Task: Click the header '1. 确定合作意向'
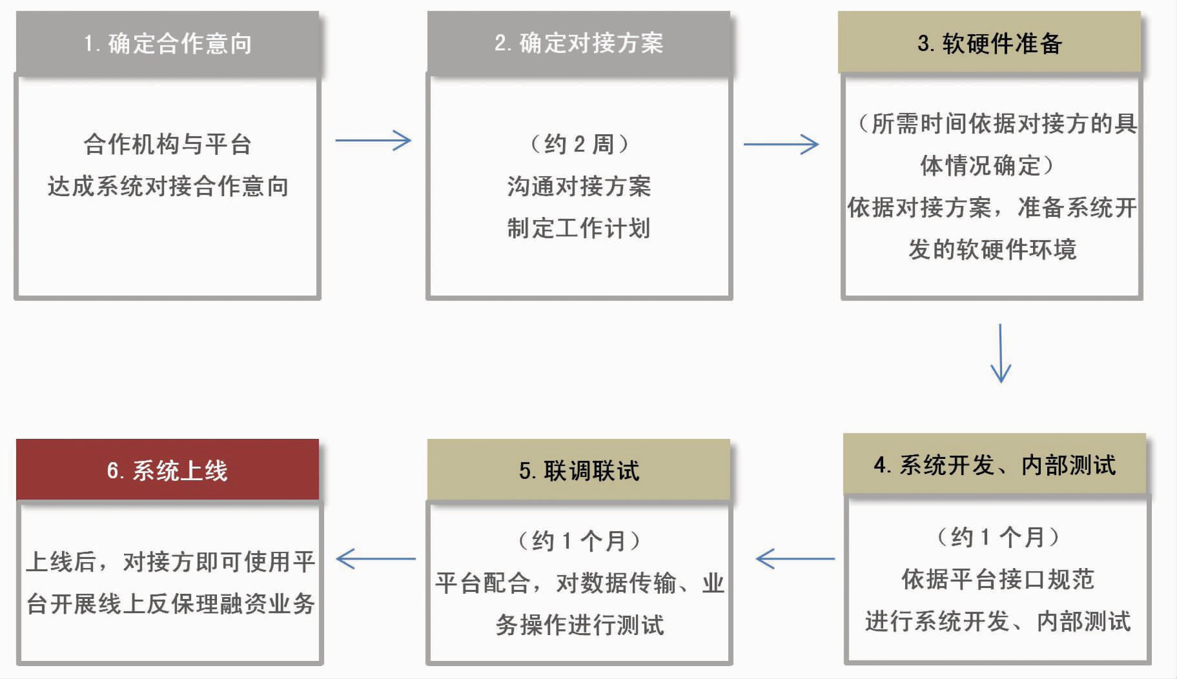(167, 43)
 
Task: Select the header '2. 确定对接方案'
(578, 43)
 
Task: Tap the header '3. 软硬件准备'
(989, 43)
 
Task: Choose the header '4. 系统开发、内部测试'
(994, 464)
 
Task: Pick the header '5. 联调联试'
(578, 470)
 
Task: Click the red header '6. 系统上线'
(167, 470)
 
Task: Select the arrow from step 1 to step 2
(373, 141)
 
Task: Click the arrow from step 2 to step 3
(781, 144)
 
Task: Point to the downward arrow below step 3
(1001, 353)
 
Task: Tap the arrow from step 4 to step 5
(795, 559)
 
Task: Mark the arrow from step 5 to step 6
(376, 559)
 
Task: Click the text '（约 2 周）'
(579, 144)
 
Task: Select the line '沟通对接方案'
(579, 186)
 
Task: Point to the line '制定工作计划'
(579, 228)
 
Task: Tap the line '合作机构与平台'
(167, 144)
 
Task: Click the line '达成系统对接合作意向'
(167, 186)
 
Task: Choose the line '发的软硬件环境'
(992, 249)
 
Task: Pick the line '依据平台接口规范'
(998, 579)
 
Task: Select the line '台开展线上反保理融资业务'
(170, 603)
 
